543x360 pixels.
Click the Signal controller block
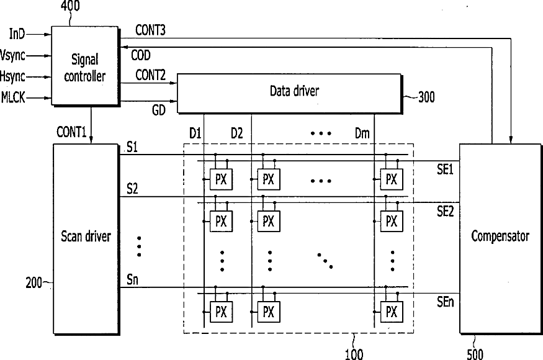[85, 66]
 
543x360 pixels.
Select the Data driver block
[290, 94]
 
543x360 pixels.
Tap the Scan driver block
[86, 239]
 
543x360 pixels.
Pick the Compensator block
[500, 239]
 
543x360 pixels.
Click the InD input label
[17, 34]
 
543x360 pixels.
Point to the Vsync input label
[13, 55]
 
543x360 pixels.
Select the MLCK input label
[13, 97]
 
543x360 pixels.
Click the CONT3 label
[150, 30]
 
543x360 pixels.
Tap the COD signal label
[141, 55]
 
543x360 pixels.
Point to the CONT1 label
[71, 132]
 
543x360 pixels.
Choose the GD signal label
[159, 110]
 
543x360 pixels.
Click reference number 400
[70, 6]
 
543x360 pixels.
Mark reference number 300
[426, 97]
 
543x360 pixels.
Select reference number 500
[475, 354]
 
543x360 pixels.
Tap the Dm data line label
[362, 133]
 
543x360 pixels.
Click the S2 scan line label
[132, 189]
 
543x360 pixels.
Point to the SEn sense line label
[446, 302]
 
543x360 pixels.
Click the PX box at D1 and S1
[221, 179]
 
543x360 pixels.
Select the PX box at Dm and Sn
[392, 312]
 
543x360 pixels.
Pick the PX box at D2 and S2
[268, 221]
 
